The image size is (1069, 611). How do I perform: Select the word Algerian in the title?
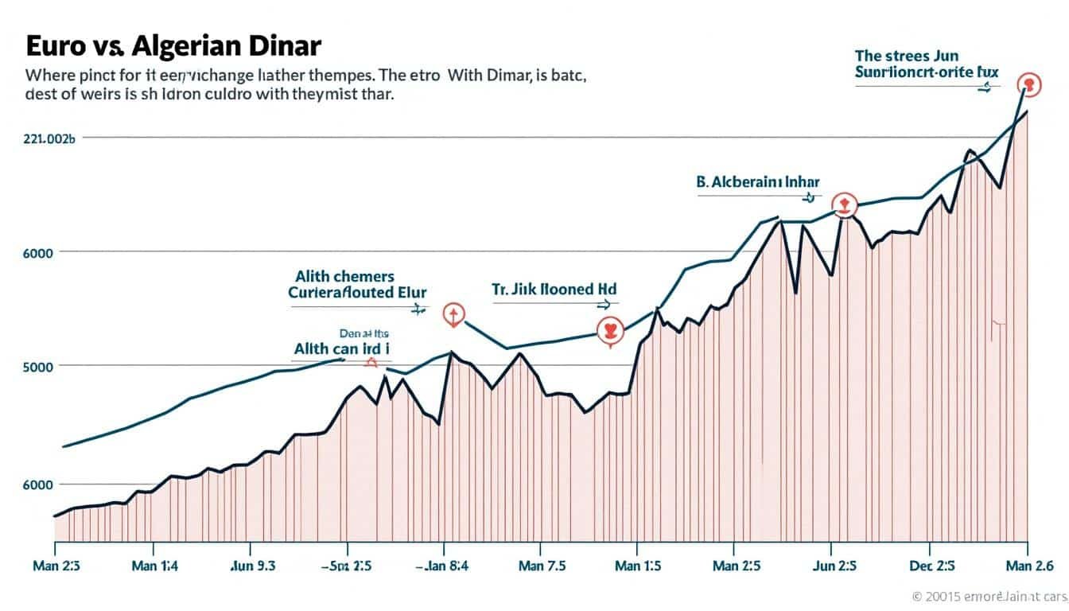click(173, 46)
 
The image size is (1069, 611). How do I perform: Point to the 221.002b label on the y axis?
click(49, 138)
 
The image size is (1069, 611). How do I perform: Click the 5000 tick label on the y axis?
click(38, 367)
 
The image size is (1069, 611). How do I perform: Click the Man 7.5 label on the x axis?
click(542, 567)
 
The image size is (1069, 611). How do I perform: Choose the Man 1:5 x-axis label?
click(639, 567)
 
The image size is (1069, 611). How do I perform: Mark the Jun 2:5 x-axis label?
click(834, 567)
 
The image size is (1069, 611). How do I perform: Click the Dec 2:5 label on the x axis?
click(931, 567)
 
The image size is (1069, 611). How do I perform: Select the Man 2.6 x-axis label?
click(1028, 567)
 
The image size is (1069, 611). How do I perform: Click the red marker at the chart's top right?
click(1029, 84)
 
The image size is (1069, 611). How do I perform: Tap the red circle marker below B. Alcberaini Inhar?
click(844, 204)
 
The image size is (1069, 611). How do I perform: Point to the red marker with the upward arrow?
click(453, 316)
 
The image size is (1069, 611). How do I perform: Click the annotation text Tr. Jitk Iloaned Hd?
click(548, 289)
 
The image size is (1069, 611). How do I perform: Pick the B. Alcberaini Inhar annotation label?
click(757, 181)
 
